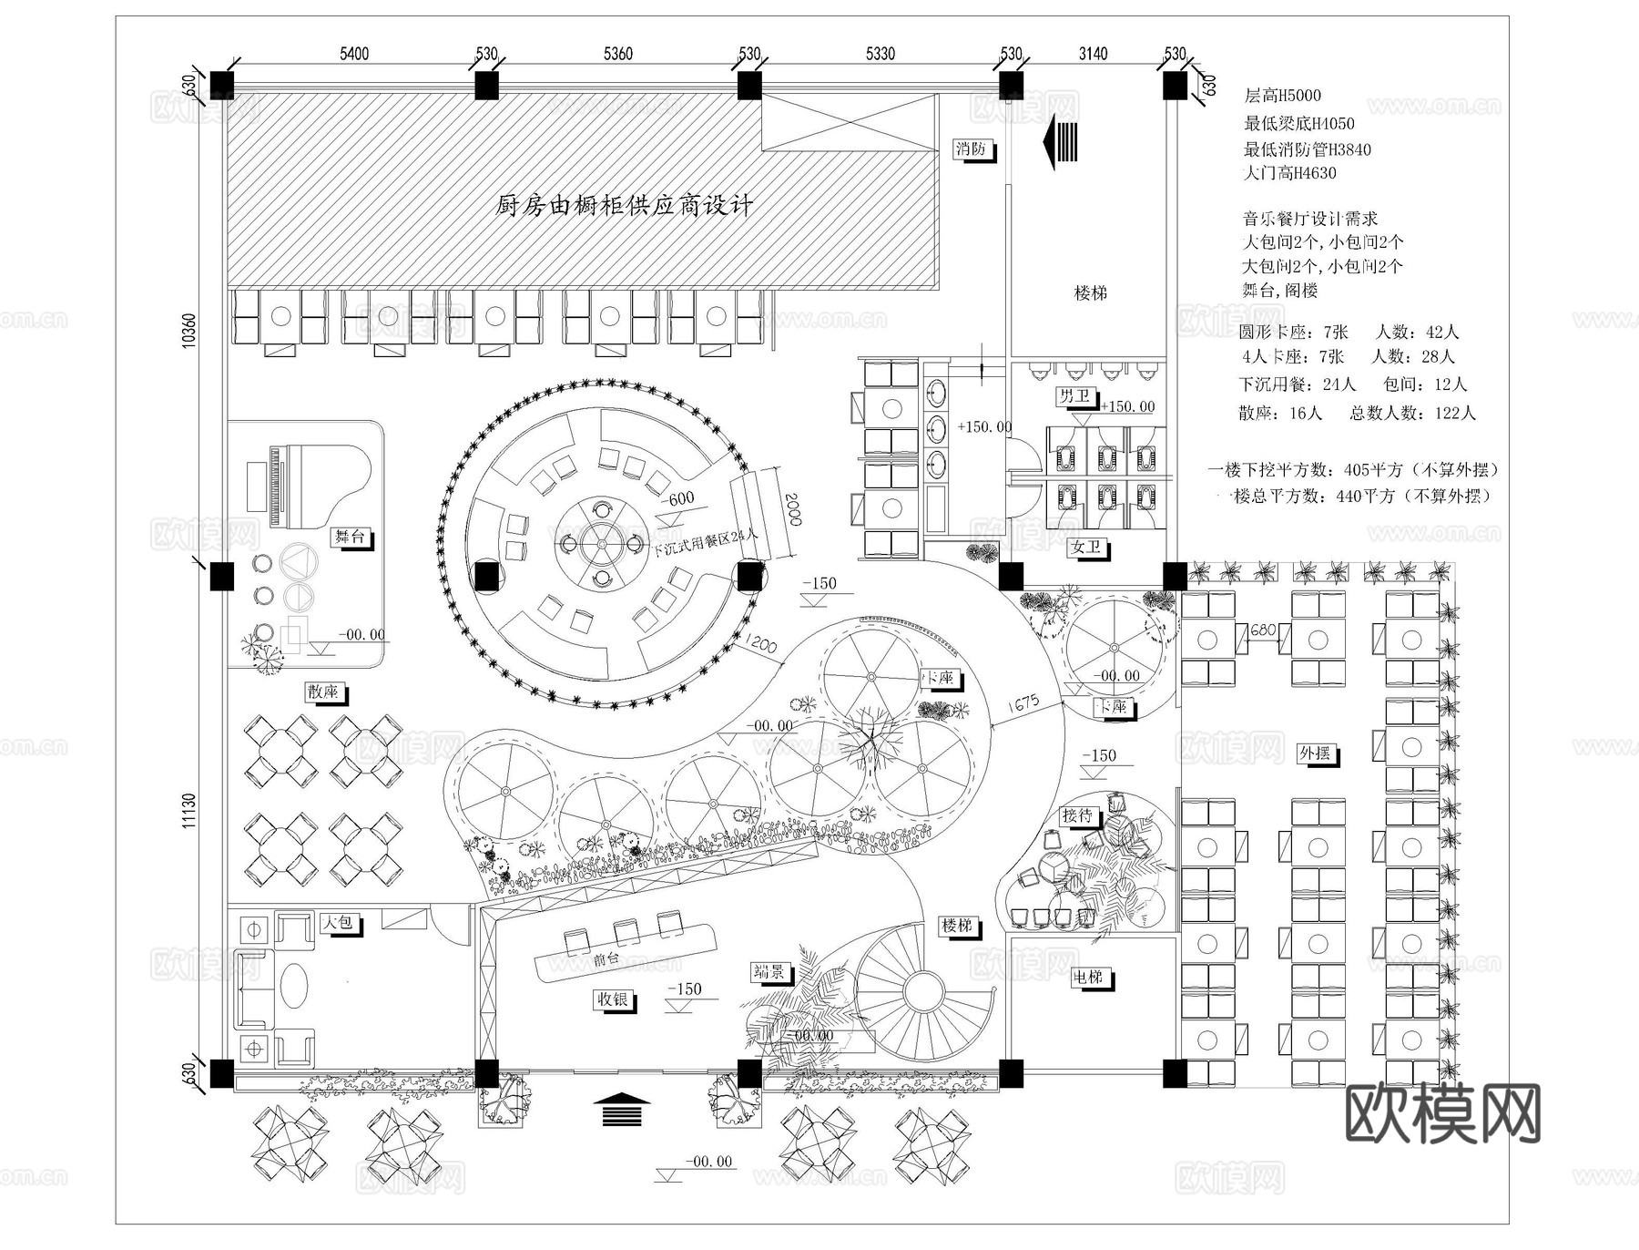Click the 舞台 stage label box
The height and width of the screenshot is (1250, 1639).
pos(350,537)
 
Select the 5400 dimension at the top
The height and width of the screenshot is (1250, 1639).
pos(354,54)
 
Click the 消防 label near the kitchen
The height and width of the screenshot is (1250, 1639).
pos(971,149)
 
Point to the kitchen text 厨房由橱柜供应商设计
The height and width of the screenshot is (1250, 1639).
pos(625,205)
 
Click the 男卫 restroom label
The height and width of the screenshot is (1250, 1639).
pos(1074,395)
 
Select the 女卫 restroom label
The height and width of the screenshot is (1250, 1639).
pos(1085,547)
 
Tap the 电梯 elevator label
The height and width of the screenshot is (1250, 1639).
pos(1088,977)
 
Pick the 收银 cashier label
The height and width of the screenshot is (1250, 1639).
pos(613,999)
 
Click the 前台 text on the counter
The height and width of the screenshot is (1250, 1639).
pos(606,959)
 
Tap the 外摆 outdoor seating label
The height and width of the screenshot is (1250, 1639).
pos(1315,753)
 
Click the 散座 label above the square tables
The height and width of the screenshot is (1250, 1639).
pos(322,692)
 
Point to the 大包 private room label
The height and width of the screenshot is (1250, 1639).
pos(338,922)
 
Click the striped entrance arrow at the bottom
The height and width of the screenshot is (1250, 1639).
pos(622,1110)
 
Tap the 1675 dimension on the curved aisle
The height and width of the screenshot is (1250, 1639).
pos(1023,704)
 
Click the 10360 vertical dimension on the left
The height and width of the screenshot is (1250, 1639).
pos(188,330)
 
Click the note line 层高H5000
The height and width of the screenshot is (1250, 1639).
pos(1282,95)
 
